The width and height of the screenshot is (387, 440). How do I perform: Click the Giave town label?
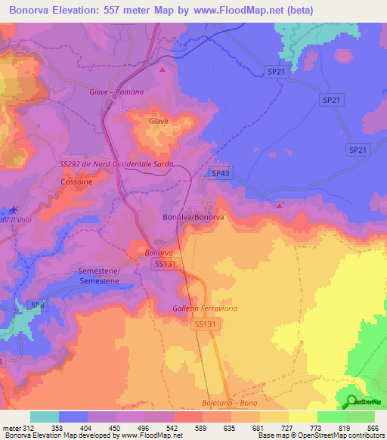click(x=159, y=121)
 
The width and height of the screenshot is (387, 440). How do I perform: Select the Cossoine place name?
click(x=76, y=182)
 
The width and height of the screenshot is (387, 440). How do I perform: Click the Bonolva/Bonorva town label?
click(x=193, y=217)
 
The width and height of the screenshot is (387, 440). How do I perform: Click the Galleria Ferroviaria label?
click(x=209, y=308)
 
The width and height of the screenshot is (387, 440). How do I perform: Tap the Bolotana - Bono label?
click(x=230, y=404)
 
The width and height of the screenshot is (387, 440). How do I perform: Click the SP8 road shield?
click(x=37, y=305)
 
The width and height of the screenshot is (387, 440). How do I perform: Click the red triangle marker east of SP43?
click(x=280, y=205)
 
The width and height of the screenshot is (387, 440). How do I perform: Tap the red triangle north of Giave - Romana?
click(x=163, y=69)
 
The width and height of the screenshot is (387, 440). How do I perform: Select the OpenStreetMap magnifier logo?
click(x=350, y=401)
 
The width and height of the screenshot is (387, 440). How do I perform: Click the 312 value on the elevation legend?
click(x=29, y=428)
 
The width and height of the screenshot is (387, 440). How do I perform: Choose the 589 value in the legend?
click(x=202, y=428)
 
